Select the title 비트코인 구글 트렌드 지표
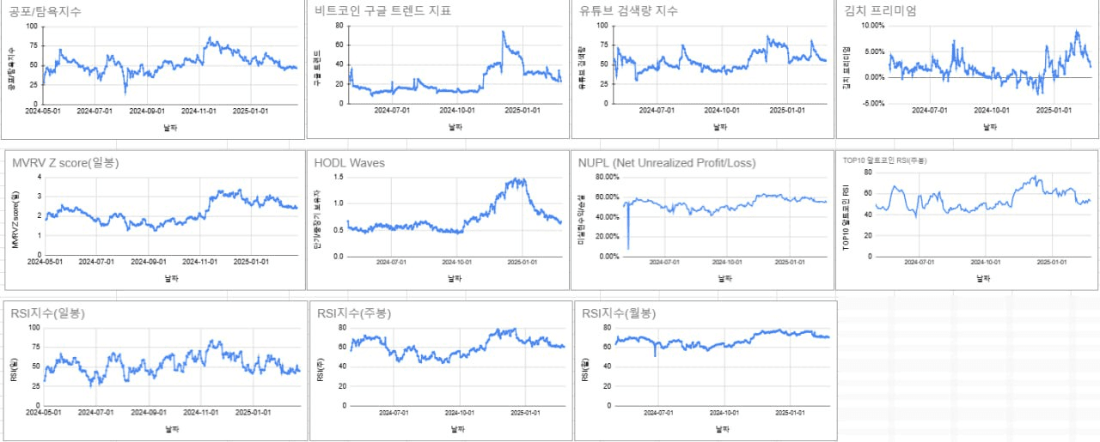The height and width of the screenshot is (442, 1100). (x=383, y=11)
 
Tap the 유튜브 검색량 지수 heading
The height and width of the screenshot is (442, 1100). (x=629, y=11)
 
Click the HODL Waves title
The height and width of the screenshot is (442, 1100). (x=349, y=162)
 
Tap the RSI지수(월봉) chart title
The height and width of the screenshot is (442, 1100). (x=619, y=313)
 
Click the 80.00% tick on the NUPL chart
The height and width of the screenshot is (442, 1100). (x=602, y=177)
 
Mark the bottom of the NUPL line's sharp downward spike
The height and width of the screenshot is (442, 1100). (x=628, y=249)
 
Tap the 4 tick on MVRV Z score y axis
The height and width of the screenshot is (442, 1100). (x=38, y=177)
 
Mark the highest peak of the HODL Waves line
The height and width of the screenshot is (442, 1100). (x=517, y=179)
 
